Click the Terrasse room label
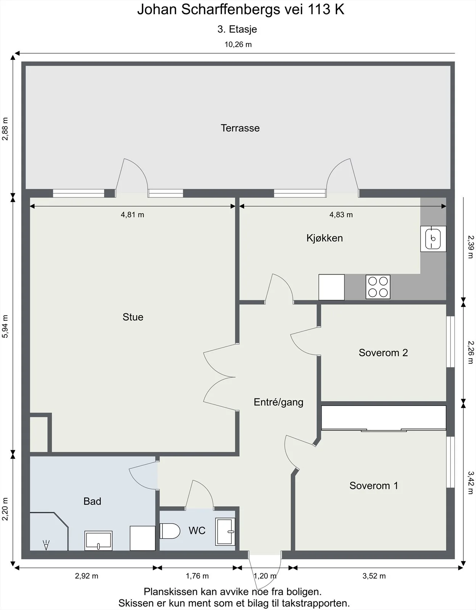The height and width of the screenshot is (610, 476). click(240, 128)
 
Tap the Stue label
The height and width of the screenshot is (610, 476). click(133, 317)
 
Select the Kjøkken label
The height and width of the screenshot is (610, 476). click(325, 238)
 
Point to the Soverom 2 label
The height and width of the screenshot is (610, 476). click(383, 353)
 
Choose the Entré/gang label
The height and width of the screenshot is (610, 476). click(278, 402)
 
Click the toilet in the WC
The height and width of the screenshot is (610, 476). click(170, 531)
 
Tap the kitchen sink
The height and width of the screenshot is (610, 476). click(433, 239)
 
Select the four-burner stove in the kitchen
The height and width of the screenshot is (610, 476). click(378, 287)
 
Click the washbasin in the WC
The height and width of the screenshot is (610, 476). click(225, 532)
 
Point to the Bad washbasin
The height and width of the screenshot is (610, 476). click(98, 540)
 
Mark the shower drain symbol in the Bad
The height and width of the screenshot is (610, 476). click(46, 545)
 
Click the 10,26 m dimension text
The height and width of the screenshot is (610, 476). click(238, 44)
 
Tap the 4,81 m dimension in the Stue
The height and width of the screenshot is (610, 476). click(132, 215)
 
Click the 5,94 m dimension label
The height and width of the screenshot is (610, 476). click(5, 326)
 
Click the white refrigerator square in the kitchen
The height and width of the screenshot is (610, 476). click(331, 287)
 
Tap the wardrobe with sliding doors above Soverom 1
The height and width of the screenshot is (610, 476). click(384, 418)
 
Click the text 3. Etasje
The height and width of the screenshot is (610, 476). click(237, 29)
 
